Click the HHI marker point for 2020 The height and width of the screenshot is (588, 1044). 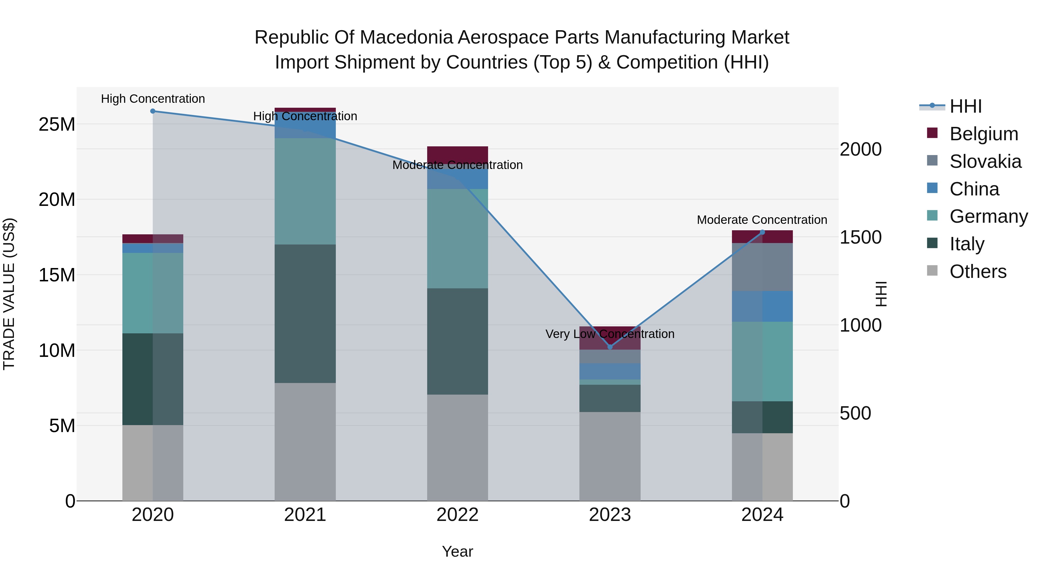point(153,111)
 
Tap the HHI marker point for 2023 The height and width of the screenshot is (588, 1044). point(610,347)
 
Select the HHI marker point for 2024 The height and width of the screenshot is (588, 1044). point(762,232)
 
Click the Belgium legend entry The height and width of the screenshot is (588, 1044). point(984,134)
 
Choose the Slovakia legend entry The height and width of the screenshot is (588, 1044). point(985,161)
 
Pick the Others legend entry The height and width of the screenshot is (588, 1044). point(978,271)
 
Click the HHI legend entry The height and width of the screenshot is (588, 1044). point(965,106)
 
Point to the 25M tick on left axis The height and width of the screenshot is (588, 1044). point(57,124)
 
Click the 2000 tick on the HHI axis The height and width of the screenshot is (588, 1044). point(860,149)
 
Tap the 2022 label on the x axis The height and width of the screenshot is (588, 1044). point(458,515)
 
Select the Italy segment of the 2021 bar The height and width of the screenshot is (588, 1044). point(305,313)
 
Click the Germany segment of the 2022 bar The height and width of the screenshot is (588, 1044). point(458,239)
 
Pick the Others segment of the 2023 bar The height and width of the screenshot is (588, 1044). point(610,456)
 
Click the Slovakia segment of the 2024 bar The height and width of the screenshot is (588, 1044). point(762,267)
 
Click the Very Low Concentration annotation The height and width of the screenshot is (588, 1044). point(610,334)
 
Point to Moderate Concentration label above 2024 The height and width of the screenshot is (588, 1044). point(762,220)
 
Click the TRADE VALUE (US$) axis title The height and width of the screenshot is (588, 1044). point(9,294)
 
